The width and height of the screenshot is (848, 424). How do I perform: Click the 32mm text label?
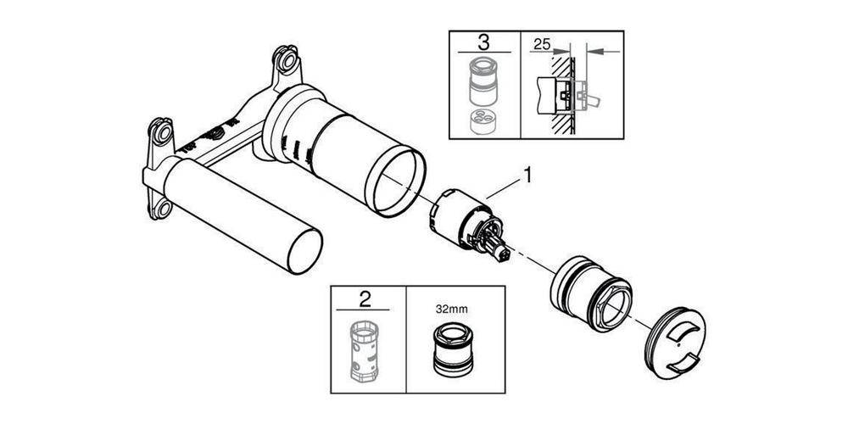(449, 310)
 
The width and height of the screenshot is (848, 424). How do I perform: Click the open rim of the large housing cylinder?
(399, 179)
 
